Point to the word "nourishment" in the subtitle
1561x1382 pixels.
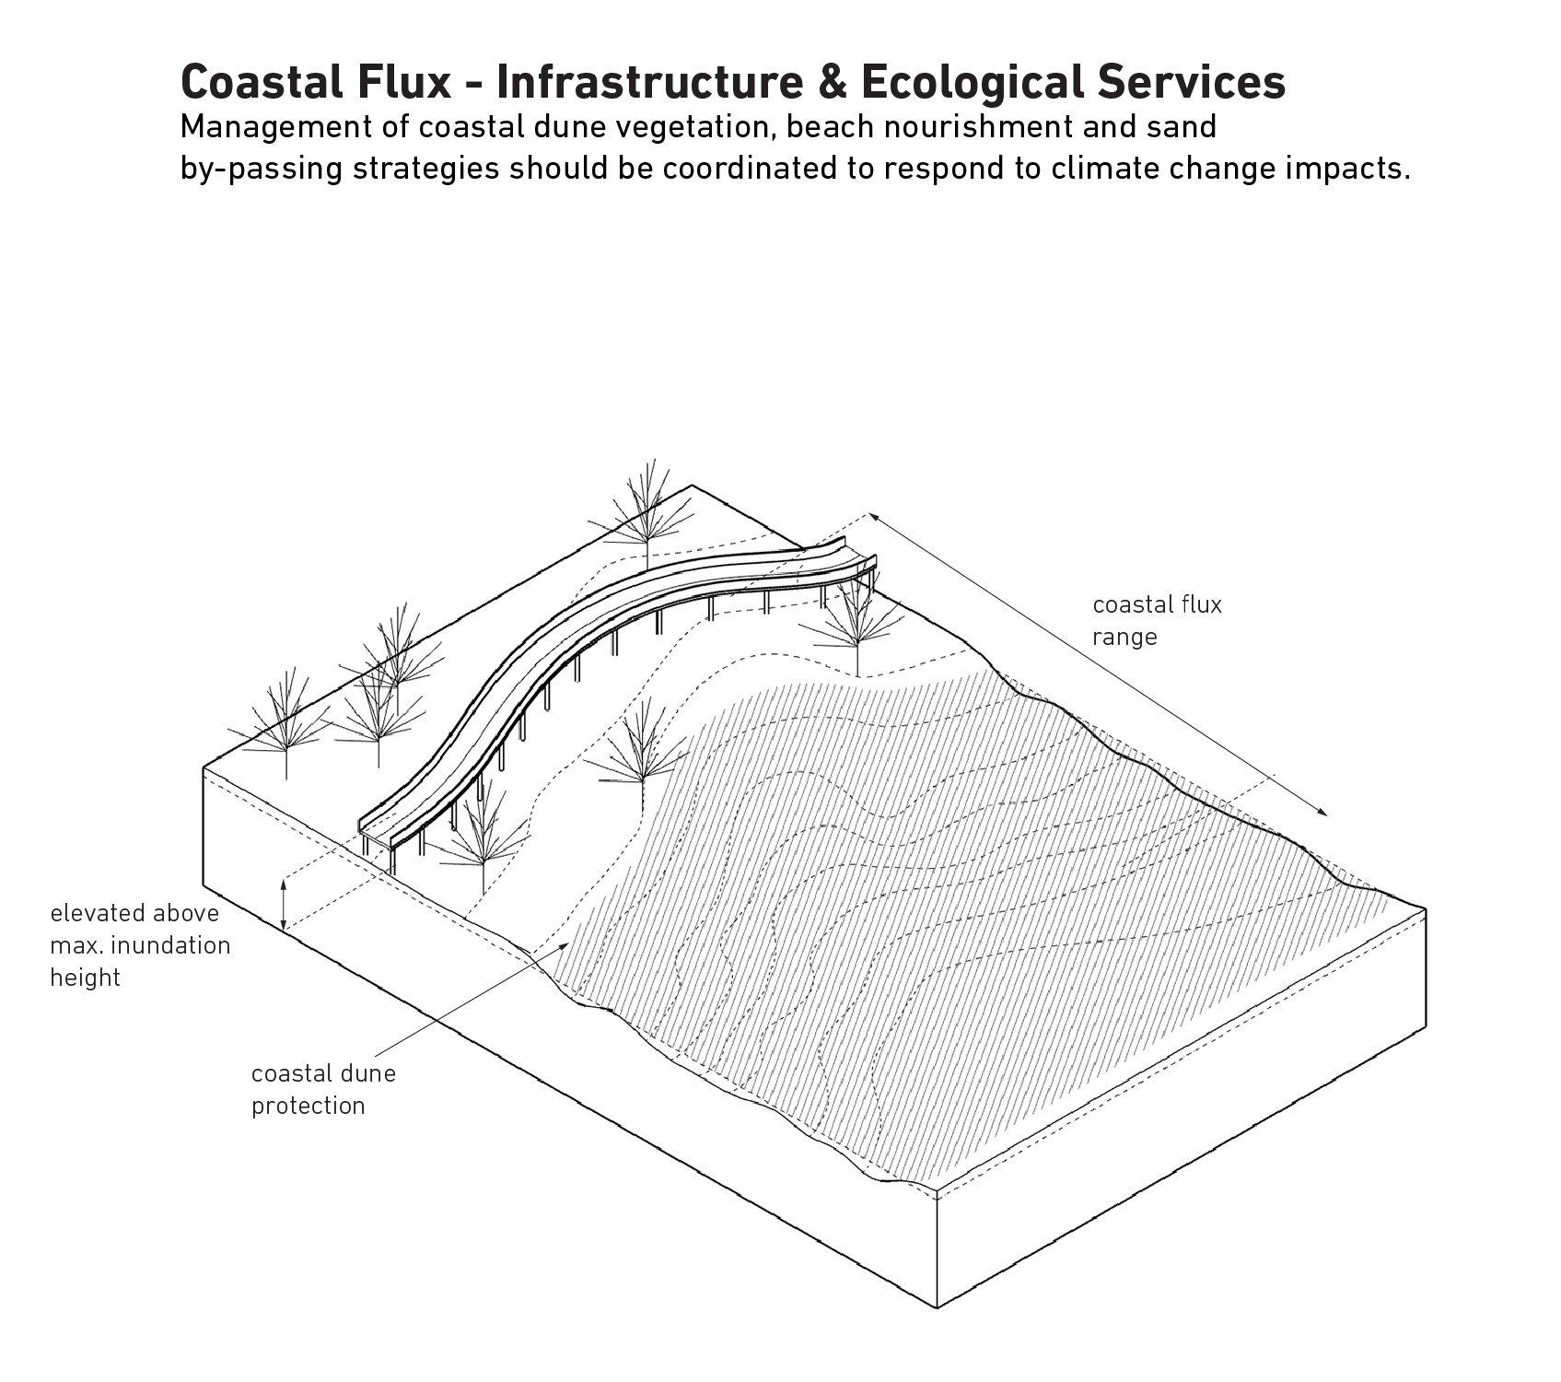(978, 127)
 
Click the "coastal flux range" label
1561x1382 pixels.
(1156, 621)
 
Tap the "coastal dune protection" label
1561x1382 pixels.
(322, 1089)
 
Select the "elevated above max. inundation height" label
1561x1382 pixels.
(139, 945)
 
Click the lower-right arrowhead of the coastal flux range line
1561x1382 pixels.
(1324, 814)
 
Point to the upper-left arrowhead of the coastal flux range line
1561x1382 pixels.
(870, 517)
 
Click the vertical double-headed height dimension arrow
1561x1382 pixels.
(285, 903)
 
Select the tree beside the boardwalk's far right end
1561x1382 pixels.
(855, 617)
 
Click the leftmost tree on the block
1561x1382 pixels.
(285, 723)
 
